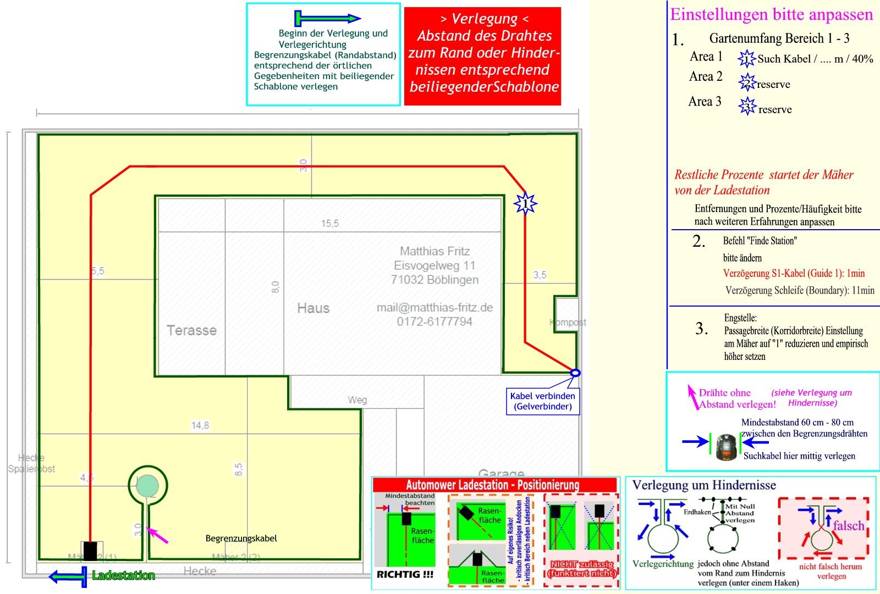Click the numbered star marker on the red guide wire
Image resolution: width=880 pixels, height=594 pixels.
(525, 204)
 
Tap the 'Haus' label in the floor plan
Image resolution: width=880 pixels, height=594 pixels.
(313, 308)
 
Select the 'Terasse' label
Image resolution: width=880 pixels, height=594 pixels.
(191, 330)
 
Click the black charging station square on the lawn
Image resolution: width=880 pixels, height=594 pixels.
(90, 551)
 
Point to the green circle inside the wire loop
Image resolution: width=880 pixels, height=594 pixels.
(147, 485)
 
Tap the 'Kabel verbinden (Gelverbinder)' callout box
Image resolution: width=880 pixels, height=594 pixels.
(543, 401)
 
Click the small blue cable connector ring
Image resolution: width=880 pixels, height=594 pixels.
(575, 373)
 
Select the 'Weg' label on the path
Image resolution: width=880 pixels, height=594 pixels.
(357, 400)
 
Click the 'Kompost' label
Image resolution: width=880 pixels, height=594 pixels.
(568, 322)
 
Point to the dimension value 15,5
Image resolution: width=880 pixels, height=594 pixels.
(330, 223)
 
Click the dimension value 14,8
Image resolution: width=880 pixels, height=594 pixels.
(200, 425)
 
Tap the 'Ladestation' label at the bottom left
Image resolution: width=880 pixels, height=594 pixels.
(123, 575)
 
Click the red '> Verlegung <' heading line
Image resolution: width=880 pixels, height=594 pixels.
(484, 19)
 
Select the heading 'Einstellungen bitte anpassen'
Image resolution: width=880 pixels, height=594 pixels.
(771, 14)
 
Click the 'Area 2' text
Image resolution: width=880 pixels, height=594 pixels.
(706, 76)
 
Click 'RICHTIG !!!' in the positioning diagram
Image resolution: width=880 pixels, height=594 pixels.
(405, 574)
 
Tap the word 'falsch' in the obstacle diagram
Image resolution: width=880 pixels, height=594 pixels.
(849, 525)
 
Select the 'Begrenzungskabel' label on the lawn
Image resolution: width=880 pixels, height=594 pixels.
(241, 539)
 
